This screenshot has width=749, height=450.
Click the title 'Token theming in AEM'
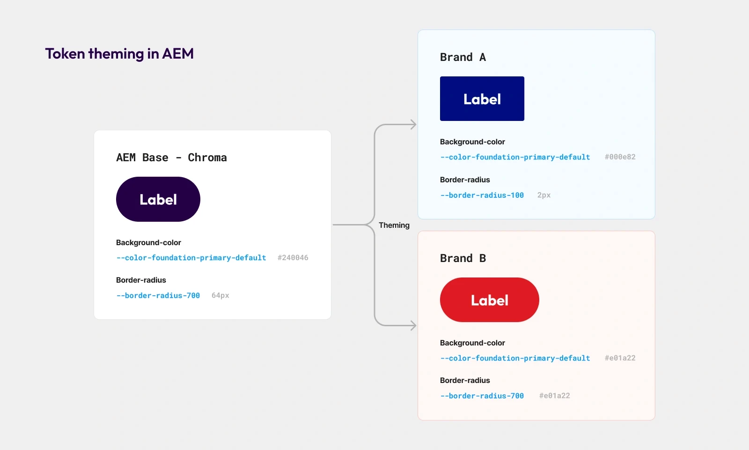[119, 54]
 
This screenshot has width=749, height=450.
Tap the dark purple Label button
[158, 199]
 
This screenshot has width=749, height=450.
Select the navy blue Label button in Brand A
[482, 99]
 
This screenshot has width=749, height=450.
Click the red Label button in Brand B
[489, 300]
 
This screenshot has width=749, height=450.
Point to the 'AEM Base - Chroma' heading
[171, 157]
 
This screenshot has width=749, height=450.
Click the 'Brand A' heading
[463, 57]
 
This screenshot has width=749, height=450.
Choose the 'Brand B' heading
[463, 258]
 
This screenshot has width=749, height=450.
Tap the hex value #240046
[293, 258]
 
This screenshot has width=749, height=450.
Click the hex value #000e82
[620, 157]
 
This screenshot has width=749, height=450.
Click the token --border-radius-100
[482, 195]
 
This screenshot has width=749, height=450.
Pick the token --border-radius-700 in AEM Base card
[158, 295]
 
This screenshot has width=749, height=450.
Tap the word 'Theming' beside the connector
[394, 225]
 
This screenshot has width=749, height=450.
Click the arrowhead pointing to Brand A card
[413, 125]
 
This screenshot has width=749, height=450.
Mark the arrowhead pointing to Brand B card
[413, 325]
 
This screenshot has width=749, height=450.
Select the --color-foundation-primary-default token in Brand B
[515, 358]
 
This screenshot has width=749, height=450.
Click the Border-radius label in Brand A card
[465, 180]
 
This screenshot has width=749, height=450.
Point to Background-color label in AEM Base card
[148, 242]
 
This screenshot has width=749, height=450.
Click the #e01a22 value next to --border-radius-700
[554, 396]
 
